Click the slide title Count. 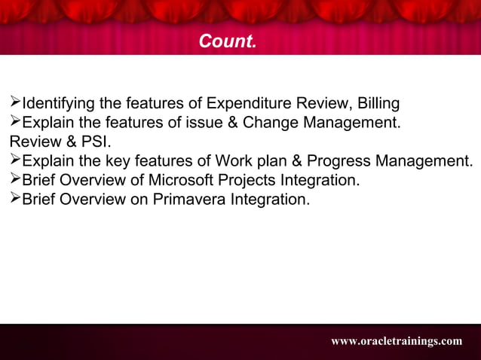tap(227, 41)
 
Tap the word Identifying tap(57, 103)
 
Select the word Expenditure tap(246, 103)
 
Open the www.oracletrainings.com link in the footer tap(397, 341)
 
